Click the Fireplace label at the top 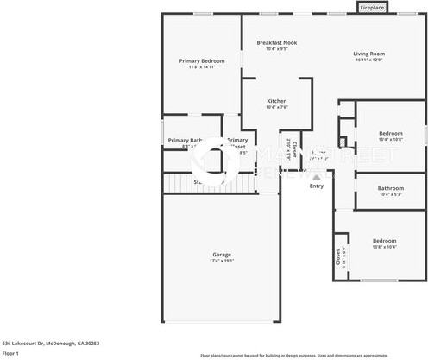pyautogui.click(x=372, y=8)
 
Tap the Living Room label pyautogui.click(x=368, y=54)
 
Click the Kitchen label pyautogui.click(x=276, y=101)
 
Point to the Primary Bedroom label pyautogui.click(x=202, y=60)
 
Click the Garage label pyautogui.click(x=222, y=254)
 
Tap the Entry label pyautogui.click(x=317, y=186)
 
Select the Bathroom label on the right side pyautogui.click(x=390, y=188)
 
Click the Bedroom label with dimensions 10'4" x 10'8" pyautogui.click(x=390, y=133)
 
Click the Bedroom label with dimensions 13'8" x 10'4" pyautogui.click(x=384, y=240)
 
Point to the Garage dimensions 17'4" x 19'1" pyautogui.click(x=222, y=261)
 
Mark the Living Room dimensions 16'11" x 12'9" pyautogui.click(x=368, y=60)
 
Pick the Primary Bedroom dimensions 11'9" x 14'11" pyautogui.click(x=202, y=67)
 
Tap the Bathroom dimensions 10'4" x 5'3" pyautogui.click(x=390, y=195)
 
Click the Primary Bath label pyautogui.click(x=184, y=140)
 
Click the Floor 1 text pyautogui.click(x=11, y=353)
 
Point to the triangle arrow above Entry pyautogui.click(x=317, y=176)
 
